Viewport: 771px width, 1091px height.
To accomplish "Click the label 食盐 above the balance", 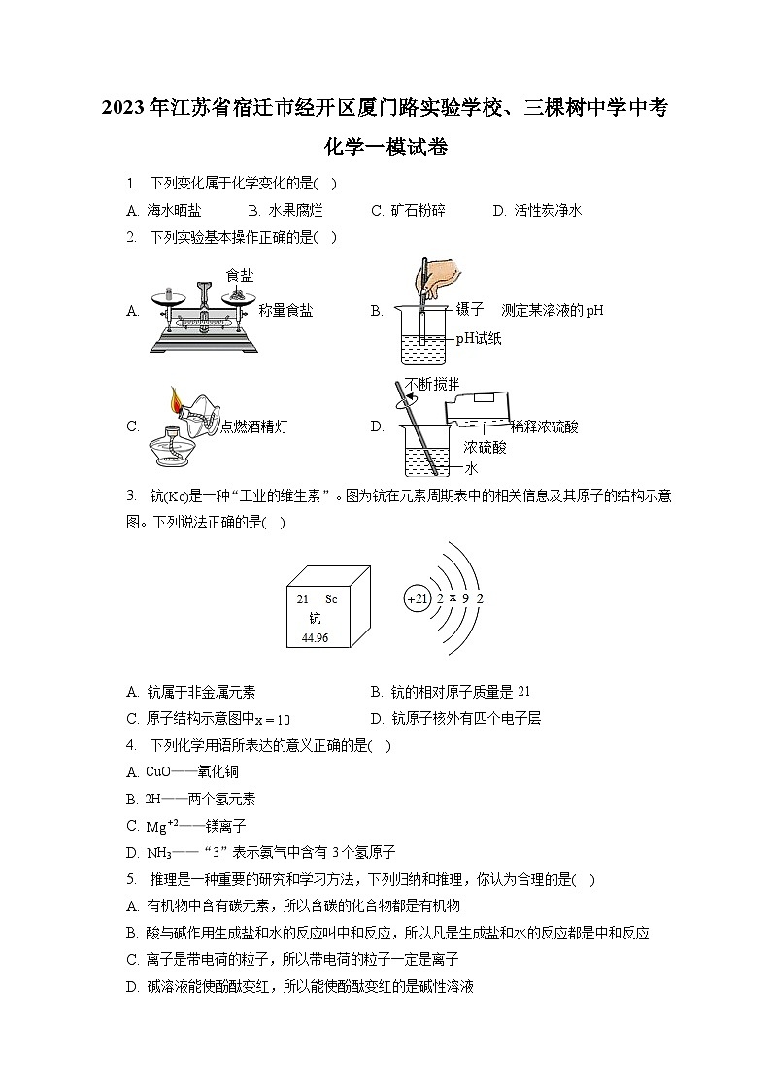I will point(240,275).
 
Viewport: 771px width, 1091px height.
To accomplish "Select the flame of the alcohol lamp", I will point(175,398).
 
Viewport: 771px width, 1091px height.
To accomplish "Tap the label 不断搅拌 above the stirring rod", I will point(432,383).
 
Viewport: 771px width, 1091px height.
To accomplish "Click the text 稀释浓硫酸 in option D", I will point(545,426).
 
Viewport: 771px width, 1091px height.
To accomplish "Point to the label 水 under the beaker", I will point(472,467).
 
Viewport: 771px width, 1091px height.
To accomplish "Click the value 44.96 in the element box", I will point(315,638).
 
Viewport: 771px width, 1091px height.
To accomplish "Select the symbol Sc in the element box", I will point(331,599).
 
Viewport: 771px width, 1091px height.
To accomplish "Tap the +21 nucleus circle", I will point(417,599).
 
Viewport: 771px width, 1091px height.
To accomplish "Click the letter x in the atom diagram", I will point(453,597).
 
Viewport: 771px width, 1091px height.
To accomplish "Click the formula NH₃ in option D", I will point(157,852).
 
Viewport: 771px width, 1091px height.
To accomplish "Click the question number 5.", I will point(130,879).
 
